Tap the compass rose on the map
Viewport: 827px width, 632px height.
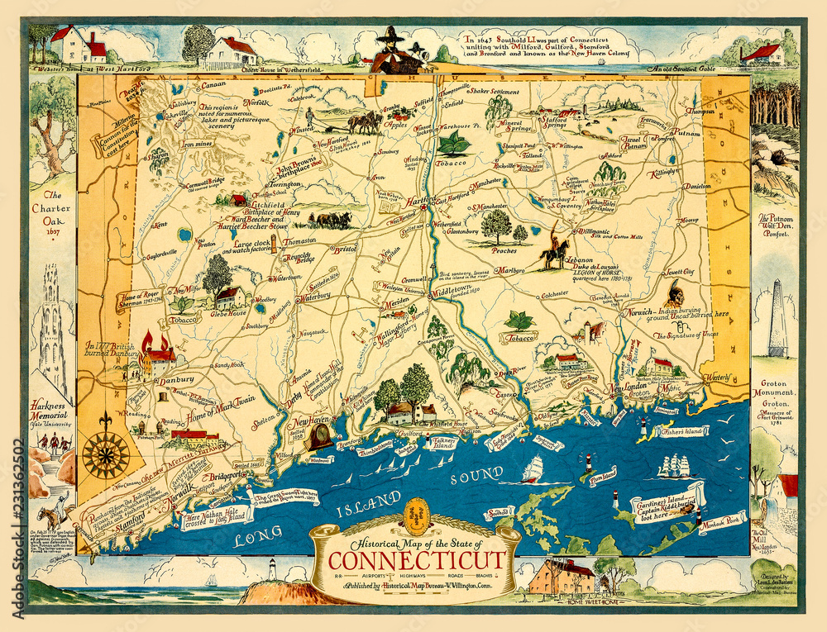pos(105,453)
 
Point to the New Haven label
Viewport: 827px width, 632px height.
pos(308,424)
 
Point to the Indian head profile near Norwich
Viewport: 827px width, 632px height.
pos(675,292)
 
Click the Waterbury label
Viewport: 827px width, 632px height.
pos(314,296)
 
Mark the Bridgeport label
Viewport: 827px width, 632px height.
pos(224,478)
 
